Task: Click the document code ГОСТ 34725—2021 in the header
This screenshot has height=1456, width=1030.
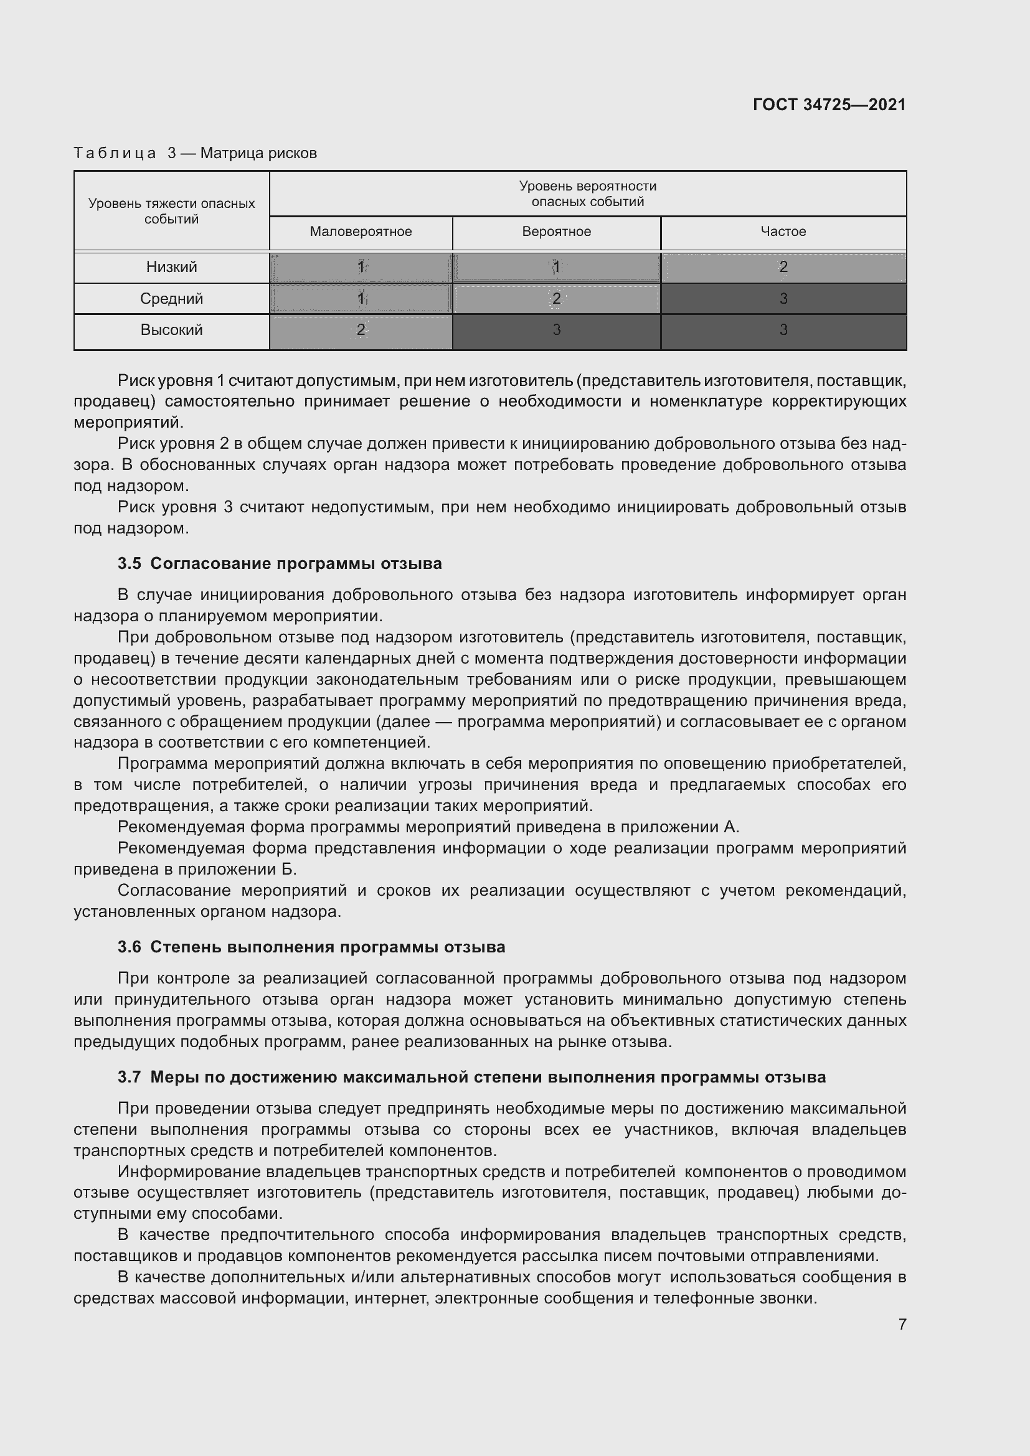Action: coord(829,105)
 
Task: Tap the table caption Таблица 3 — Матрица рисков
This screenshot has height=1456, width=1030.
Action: coord(195,153)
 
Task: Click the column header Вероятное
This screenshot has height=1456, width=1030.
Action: coord(556,232)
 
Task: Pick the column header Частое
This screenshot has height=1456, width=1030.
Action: coord(783,232)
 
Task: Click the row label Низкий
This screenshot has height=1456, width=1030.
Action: coord(171,267)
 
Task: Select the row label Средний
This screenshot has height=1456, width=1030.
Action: coord(171,299)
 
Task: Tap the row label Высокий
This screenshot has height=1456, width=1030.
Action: coord(171,330)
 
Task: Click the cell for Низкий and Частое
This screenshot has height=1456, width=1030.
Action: coord(783,267)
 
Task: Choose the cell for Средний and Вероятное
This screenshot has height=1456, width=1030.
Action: coord(556,299)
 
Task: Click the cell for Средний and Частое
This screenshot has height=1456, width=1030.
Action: coord(783,299)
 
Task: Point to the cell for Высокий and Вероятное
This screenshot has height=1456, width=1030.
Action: coord(556,330)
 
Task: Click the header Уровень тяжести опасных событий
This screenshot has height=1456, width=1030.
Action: coord(171,211)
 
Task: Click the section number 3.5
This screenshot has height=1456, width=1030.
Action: coord(130,564)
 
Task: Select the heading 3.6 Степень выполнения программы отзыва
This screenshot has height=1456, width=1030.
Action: coord(311,947)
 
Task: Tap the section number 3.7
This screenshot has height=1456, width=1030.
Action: coord(130,1077)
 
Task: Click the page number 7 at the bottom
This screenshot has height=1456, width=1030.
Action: coord(902,1324)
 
